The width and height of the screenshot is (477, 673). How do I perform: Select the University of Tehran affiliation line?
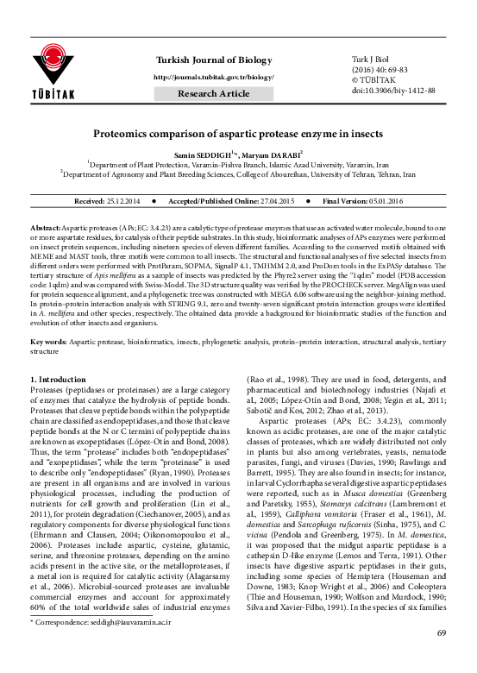coord(237,173)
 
